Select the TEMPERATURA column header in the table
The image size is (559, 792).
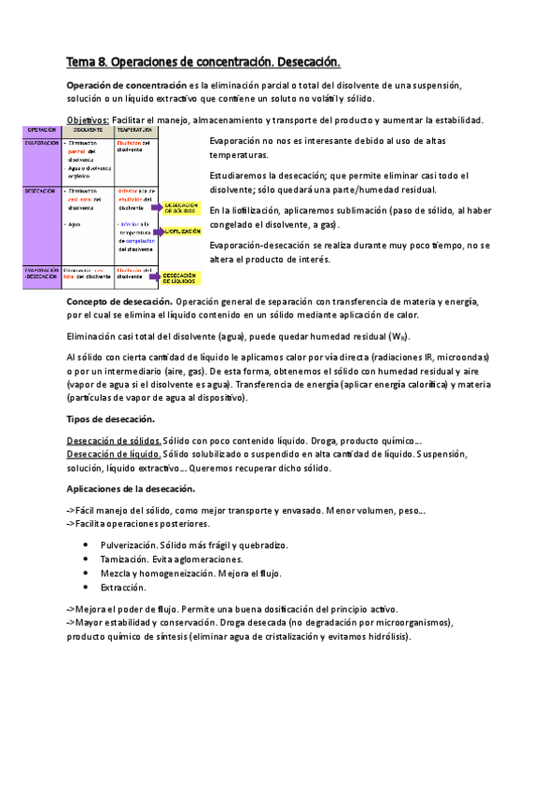[x=136, y=130]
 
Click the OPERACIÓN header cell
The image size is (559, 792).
[x=43, y=130]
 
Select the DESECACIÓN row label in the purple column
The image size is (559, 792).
[x=43, y=190]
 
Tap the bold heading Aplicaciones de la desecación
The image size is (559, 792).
[x=131, y=488]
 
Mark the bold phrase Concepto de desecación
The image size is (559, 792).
[x=119, y=302]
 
